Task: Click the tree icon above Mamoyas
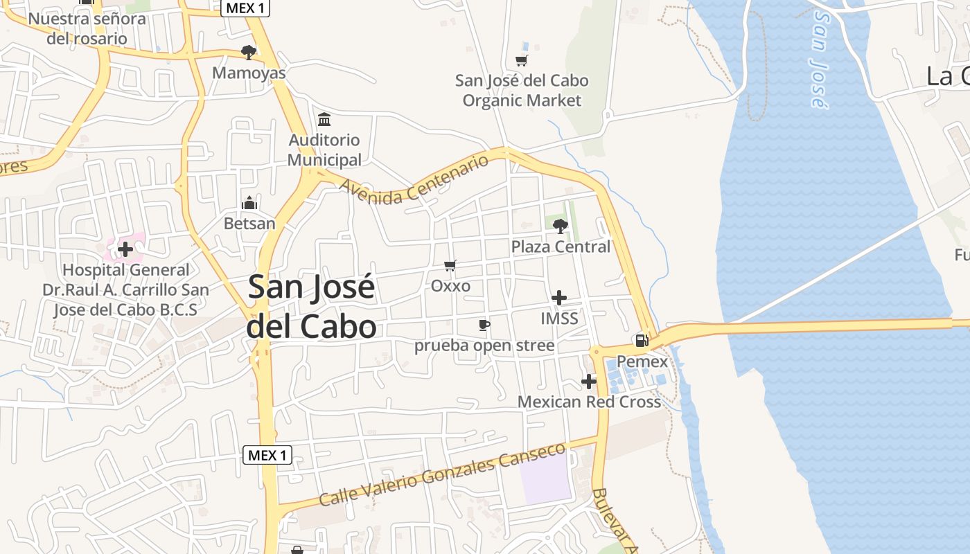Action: (x=248, y=52)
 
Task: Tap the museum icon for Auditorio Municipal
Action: (x=324, y=119)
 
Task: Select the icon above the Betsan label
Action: (x=249, y=204)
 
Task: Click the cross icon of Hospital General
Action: (x=125, y=249)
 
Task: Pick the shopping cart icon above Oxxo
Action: (x=450, y=265)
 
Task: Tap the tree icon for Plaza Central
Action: (x=560, y=225)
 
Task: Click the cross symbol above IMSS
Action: (x=558, y=298)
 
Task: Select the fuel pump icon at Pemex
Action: (x=642, y=340)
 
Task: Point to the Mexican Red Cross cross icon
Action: (x=588, y=382)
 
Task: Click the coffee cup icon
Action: (x=484, y=325)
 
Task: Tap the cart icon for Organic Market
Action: (x=521, y=60)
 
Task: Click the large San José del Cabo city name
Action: (x=312, y=307)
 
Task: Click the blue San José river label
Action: (x=818, y=59)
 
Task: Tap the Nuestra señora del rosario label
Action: (x=87, y=28)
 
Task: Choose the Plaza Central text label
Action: (x=561, y=247)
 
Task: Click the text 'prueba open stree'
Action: (x=484, y=345)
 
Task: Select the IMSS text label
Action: (x=559, y=319)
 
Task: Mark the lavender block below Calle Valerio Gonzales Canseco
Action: (x=547, y=479)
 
